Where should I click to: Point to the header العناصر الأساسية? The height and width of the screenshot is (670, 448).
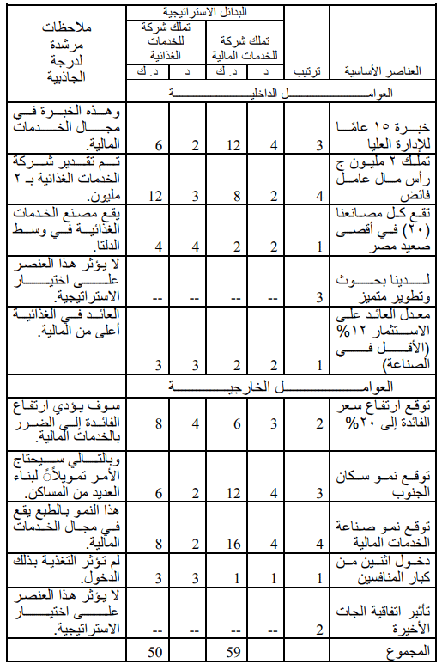click(381, 71)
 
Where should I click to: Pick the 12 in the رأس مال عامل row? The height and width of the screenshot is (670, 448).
click(156, 195)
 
